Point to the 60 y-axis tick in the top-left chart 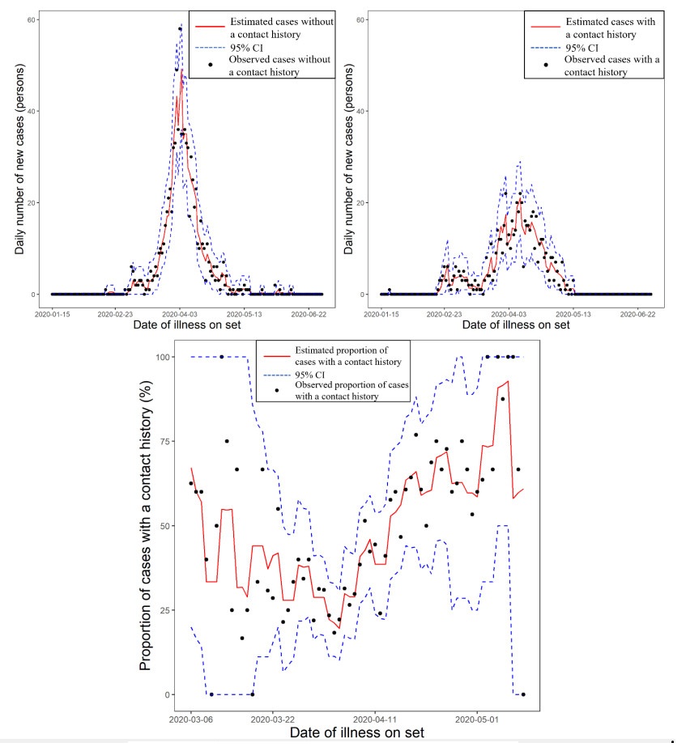click(x=40, y=19)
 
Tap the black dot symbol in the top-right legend click(x=545, y=64)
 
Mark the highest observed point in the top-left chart click(x=181, y=28)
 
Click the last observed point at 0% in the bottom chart click(x=523, y=694)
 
